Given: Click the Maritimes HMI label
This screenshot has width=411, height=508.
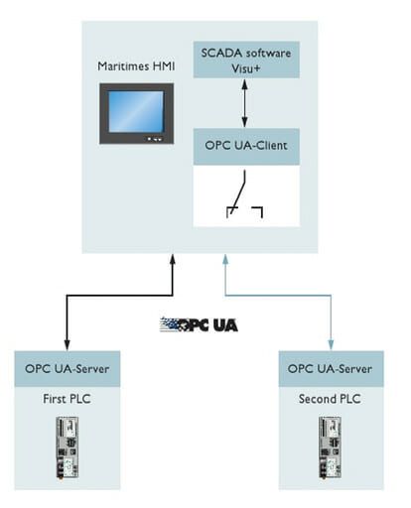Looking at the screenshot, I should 136,66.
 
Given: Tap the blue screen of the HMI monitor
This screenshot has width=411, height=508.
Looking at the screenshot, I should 135,110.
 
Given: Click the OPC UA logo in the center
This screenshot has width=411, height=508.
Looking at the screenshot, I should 199,324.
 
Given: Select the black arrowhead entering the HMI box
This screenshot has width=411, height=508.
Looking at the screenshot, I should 173,260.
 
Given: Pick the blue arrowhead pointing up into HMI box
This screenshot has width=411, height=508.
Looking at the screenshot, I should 227,260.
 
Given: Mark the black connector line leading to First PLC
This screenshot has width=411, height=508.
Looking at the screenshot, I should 70,317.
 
